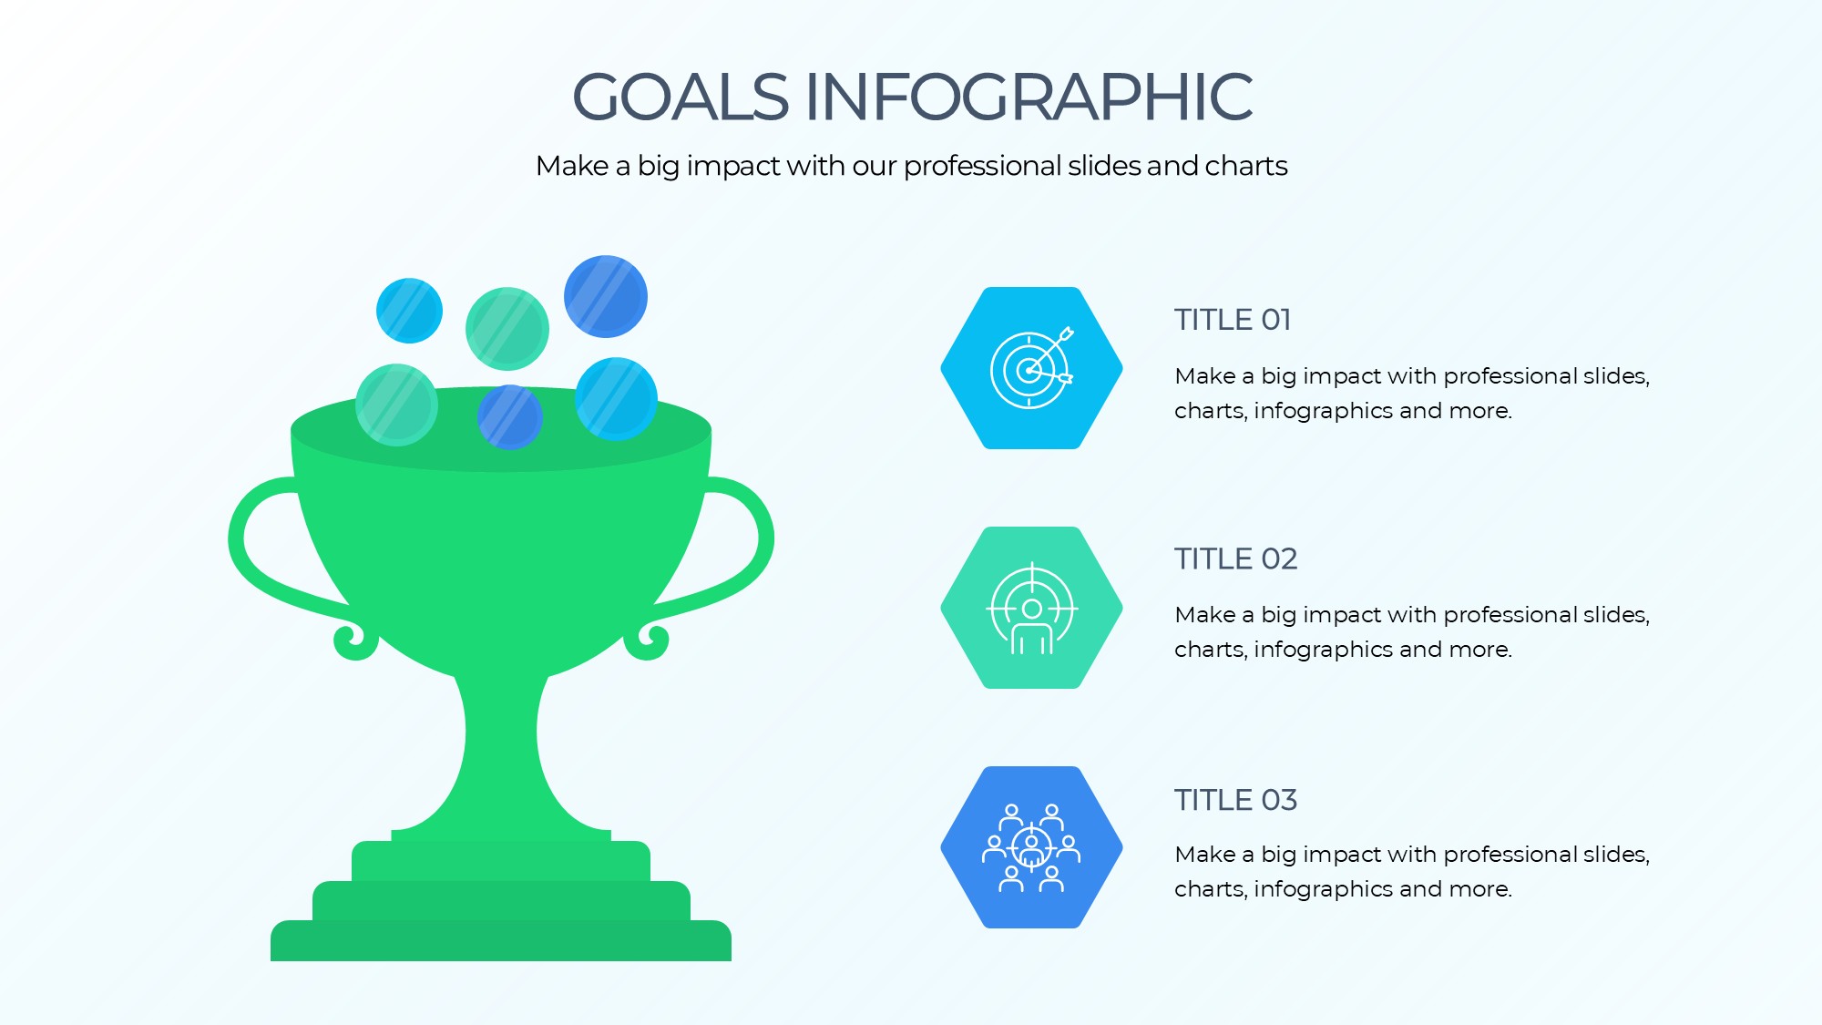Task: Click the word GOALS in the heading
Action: coord(681,97)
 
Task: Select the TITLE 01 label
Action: coord(1233,320)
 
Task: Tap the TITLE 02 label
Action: coord(1235,559)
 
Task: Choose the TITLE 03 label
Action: coord(1235,800)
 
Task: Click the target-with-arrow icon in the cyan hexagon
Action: coord(1032,367)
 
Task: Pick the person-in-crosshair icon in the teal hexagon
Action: coord(1032,608)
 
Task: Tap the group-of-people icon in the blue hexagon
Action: coord(1031,847)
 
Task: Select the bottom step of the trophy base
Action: coord(501,940)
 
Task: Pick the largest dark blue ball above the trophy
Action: coord(606,296)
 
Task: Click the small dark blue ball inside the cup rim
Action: coord(510,416)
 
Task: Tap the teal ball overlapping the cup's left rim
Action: coord(396,405)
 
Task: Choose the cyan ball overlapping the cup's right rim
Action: coord(617,398)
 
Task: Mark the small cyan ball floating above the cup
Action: coord(410,311)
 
